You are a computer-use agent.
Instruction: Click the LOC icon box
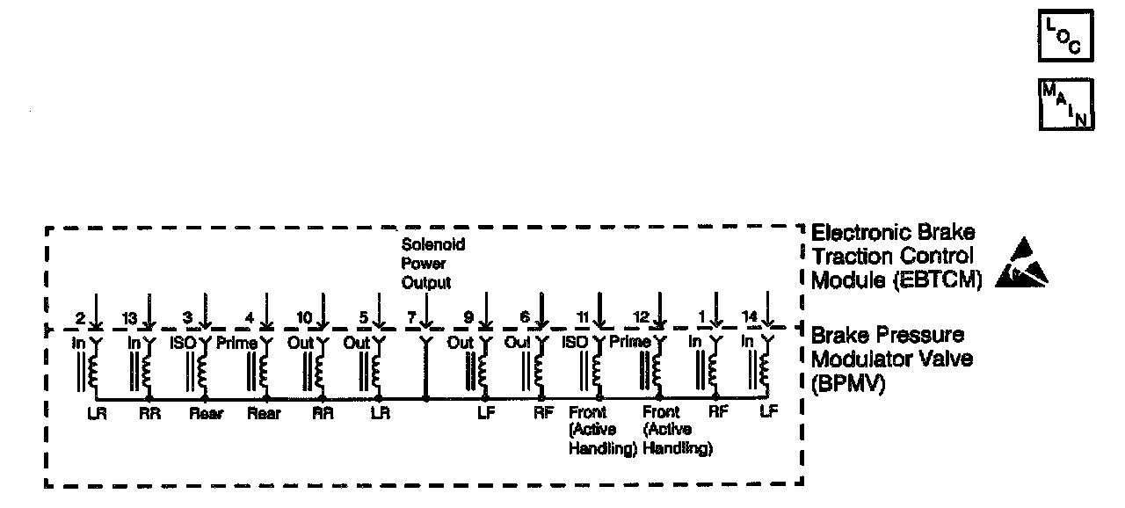(x=1065, y=35)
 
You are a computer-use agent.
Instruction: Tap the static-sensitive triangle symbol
(x=1022, y=265)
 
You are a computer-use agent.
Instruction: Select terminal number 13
(x=129, y=317)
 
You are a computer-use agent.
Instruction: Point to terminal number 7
(x=411, y=317)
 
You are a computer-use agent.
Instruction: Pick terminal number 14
(x=751, y=317)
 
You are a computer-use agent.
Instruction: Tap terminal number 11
(x=582, y=317)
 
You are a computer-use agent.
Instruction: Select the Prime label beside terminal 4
(x=236, y=343)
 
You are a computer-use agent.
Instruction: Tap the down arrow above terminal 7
(x=426, y=309)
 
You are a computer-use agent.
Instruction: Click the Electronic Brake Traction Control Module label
(x=891, y=257)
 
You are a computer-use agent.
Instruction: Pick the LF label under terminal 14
(x=767, y=410)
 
